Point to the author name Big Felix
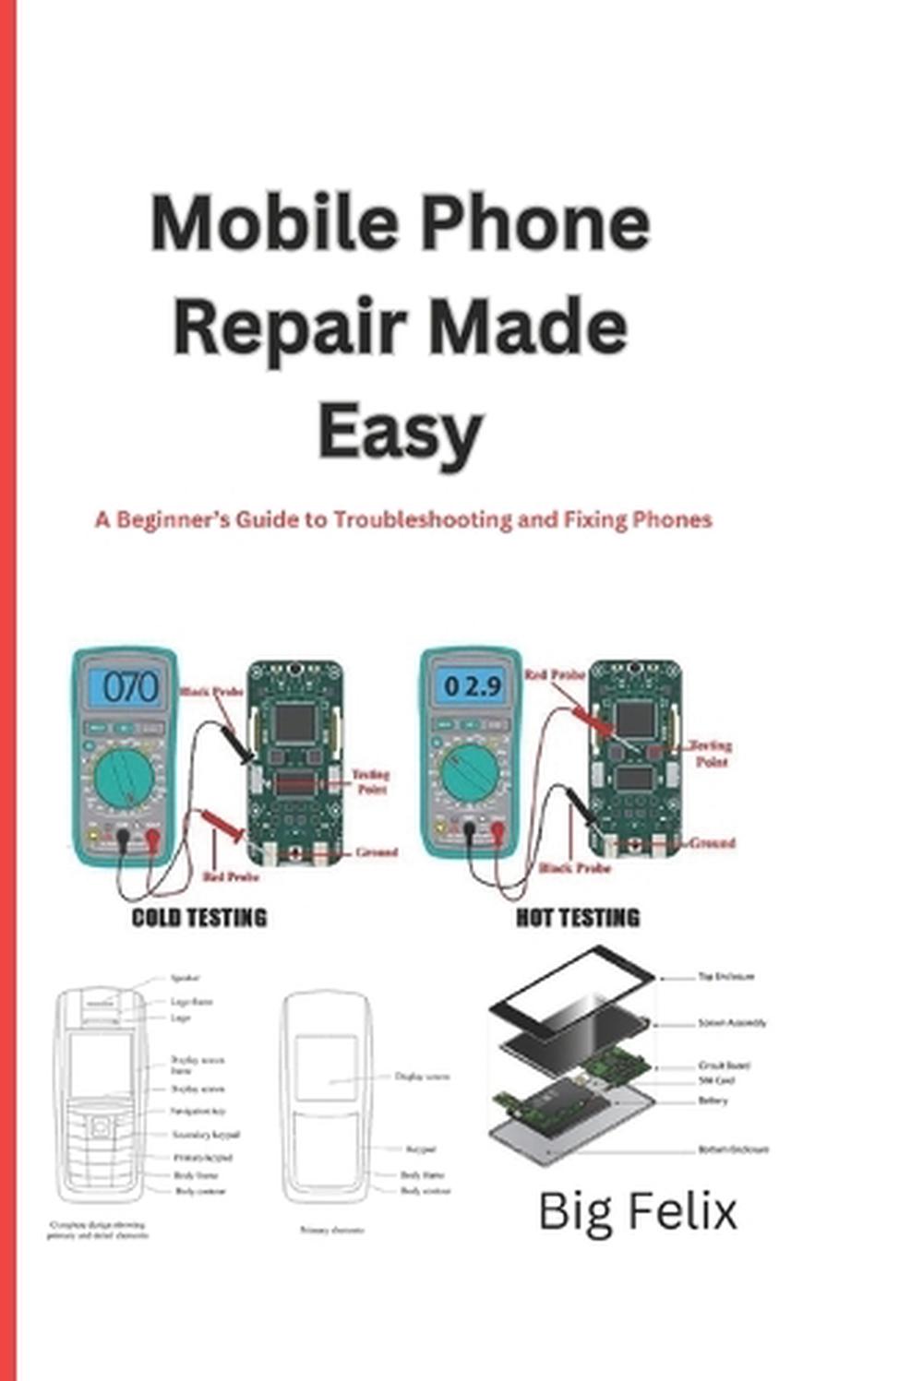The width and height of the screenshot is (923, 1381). [x=638, y=1210]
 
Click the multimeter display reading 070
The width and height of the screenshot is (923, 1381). [x=130, y=687]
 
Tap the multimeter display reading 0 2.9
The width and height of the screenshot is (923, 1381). [x=473, y=686]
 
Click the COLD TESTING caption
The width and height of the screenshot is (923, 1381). [x=199, y=918]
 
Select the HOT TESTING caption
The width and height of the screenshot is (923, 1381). [x=577, y=918]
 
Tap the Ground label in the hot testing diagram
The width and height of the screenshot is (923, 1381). [x=712, y=843]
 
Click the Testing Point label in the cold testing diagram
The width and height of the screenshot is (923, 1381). [x=371, y=781]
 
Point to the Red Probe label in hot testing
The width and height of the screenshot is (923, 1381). [x=555, y=676]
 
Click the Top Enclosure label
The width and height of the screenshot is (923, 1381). [x=726, y=976]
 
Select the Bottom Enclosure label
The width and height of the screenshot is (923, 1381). [x=733, y=1150]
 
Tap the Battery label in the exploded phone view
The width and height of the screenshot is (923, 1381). [x=713, y=1101]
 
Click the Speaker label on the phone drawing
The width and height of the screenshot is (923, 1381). [x=185, y=978]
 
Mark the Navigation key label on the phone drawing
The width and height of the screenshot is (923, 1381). [x=198, y=1112]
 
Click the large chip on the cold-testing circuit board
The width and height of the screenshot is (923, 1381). [x=294, y=722]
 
